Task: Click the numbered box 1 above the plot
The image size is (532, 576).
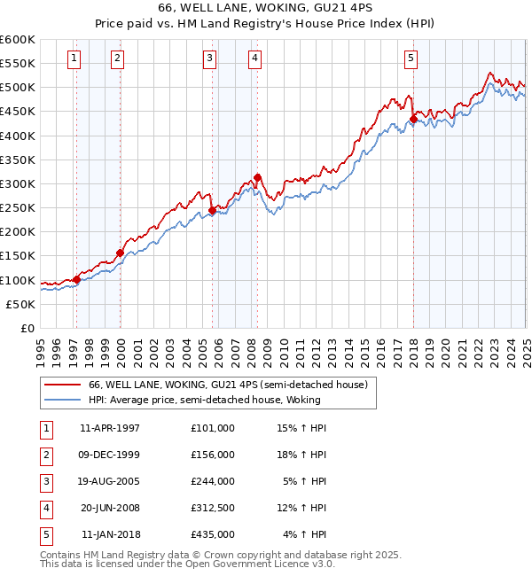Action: [x=73, y=59]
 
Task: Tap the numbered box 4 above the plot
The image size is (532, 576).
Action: [x=254, y=59]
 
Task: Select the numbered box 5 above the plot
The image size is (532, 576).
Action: [x=411, y=59]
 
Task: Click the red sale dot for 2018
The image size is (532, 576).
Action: [x=413, y=120]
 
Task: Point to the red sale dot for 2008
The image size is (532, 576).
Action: [x=257, y=177]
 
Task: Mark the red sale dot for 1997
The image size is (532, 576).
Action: [x=76, y=279]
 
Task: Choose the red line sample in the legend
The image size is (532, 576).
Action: [x=62, y=385]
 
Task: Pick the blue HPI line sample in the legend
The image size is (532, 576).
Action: [x=62, y=400]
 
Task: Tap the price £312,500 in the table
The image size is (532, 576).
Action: [x=213, y=508]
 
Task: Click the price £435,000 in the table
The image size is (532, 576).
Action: [x=213, y=534]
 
